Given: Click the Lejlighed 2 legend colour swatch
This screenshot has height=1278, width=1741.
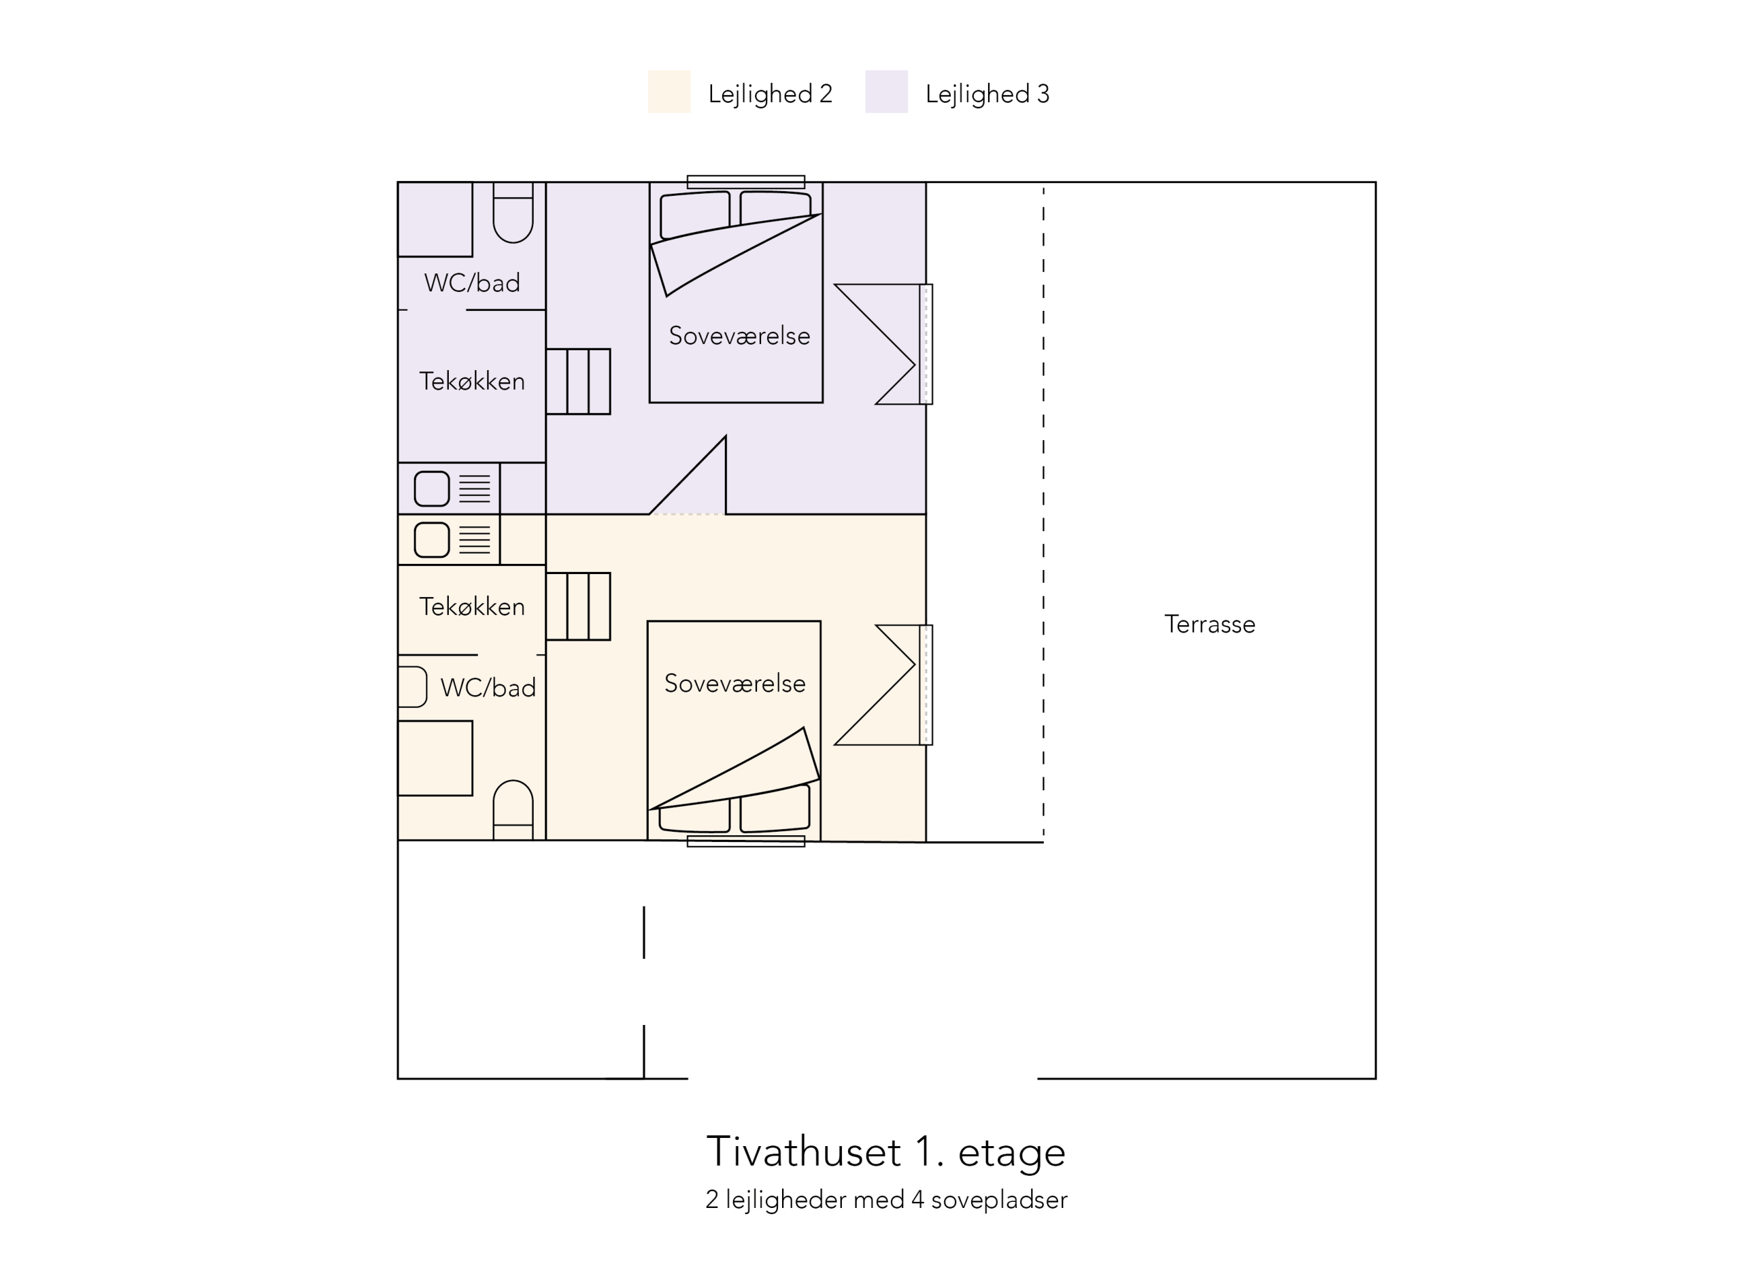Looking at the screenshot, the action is [669, 91].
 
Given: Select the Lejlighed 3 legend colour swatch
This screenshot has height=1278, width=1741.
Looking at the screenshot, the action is [886, 91].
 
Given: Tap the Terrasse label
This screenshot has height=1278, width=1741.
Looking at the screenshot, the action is [1210, 624].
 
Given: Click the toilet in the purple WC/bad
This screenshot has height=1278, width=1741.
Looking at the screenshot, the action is [513, 213].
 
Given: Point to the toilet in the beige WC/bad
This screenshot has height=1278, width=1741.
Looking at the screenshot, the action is [513, 810].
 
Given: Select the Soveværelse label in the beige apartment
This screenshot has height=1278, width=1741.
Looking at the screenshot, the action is [734, 683].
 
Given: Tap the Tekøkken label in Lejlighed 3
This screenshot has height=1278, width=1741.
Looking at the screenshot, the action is [472, 382].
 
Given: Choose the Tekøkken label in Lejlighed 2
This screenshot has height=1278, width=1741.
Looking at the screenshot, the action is [472, 607].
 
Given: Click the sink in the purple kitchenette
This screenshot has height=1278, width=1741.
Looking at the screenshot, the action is [432, 489].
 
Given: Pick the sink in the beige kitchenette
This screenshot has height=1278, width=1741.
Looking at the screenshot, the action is [432, 540].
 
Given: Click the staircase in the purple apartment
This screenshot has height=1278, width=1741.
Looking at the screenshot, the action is [578, 382].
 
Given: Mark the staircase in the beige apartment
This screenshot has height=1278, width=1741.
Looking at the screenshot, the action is [578, 607].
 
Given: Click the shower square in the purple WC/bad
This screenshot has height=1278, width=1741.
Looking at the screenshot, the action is [435, 220].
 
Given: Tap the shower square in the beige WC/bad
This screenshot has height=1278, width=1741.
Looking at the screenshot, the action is [435, 758].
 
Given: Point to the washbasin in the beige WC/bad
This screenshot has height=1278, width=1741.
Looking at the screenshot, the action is [412, 687].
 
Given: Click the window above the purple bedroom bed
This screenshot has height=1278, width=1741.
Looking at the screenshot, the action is [745, 182].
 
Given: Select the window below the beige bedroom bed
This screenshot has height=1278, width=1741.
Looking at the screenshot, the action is [745, 841].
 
